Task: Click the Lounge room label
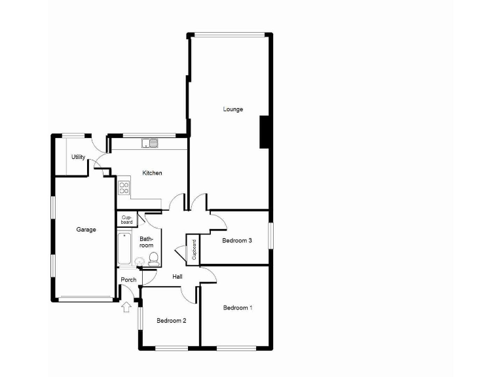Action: (233, 109)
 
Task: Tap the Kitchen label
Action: (153, 173)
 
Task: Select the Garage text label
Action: (86, 230)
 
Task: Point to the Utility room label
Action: (79, 157)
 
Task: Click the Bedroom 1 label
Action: (237, 308)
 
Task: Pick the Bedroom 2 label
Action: (172, 321)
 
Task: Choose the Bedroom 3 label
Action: (237, 240)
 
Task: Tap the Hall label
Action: (177, 277)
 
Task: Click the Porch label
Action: (128, 280)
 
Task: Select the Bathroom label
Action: (146, 242)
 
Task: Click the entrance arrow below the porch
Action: (126, 306)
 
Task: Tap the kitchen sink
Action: (150, 142)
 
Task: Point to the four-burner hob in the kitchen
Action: (123, 188)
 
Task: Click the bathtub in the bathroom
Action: (125, 249)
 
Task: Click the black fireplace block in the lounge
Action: (265, 132)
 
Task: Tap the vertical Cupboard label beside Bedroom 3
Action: (194, 250)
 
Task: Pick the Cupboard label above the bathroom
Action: (127, 219)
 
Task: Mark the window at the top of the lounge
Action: (229, 34)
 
